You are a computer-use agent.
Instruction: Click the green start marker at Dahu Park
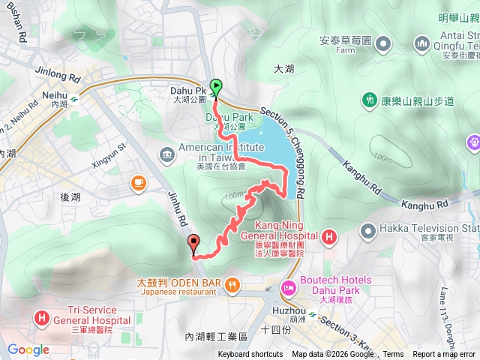click(216, 87)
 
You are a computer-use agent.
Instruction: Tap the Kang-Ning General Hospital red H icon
click(328, 238)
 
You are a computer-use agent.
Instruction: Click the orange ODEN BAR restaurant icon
click(233, 283)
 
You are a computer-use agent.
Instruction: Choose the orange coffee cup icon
click(138, 182)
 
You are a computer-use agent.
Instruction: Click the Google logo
click(28, 349)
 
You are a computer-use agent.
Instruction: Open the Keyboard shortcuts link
click(250, 355)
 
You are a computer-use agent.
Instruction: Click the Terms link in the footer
click(393, 355)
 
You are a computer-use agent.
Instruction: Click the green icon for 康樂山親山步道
click(369, 100)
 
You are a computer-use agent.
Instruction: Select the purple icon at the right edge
click(473, 140)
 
